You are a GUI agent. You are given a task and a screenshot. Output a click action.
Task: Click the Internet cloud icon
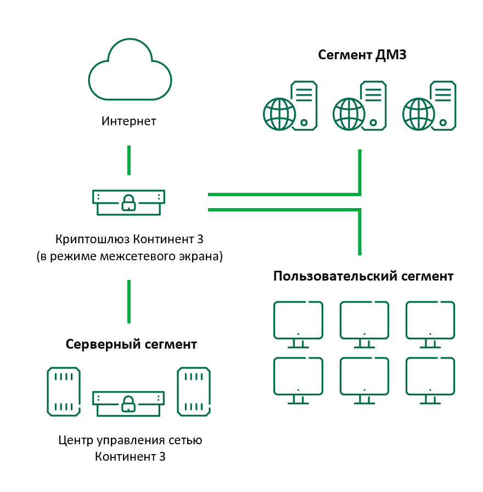(x=130, y=72)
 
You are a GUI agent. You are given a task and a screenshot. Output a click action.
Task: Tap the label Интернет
(x=129, y=121)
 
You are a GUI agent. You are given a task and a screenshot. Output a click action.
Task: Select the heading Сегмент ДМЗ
(x=362, y=55)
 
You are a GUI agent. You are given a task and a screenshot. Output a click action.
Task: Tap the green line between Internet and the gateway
(x=129, y=160)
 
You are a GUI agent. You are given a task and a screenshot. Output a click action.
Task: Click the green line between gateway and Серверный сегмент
(x=129, y=301)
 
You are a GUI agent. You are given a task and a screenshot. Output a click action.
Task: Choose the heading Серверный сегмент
(x=131, y=344)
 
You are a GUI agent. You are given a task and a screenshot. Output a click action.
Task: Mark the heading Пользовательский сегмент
(x=363, y=276)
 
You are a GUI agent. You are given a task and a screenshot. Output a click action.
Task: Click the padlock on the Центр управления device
(x=128, y=404)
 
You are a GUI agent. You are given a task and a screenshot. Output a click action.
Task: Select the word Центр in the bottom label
(x=74, y=440)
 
